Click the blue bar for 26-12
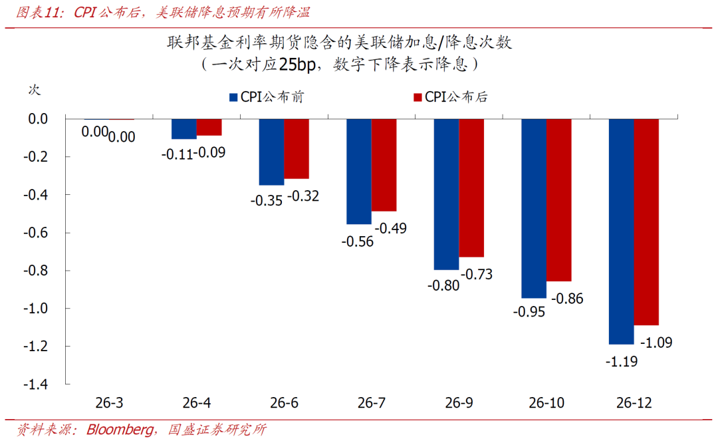coord(622,231)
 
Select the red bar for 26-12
coord(646,222)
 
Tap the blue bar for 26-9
coord(446,194)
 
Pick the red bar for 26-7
coord(384,165)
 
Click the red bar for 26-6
coord(297,149)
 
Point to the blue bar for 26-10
coord(534,208)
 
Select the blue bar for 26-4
coord(184,129)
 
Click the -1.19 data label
coord(621,362)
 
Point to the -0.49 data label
coord(390,228)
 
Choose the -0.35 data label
coord(266,200)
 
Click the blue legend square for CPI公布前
coord(233,97)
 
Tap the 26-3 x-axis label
coord(108,403)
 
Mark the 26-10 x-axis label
coord(546,403)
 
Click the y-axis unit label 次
coord(34,90)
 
